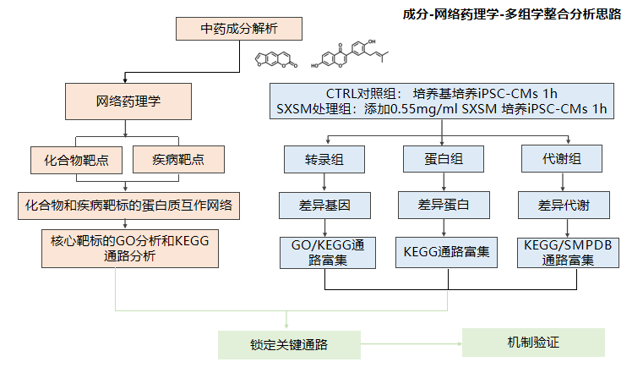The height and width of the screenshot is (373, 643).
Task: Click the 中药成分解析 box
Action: (x=239, y=28)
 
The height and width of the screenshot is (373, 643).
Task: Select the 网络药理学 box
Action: (x=125, y=101)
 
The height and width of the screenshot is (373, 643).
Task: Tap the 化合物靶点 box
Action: (x=75, y=158)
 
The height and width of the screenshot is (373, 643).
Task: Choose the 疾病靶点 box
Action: (x=177, y=158)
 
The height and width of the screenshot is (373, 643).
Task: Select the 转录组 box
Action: (x=324, y=158)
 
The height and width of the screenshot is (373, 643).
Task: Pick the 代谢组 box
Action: (x=562, y=158)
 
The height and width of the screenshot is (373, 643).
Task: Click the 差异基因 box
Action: (x=324, y=204)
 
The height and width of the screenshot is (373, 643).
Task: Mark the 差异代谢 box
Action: (x=562, y=204)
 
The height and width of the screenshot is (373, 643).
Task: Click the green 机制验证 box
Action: (x=533, y=343)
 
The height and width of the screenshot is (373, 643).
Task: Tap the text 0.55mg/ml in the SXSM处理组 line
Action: (x=397, y=109)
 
